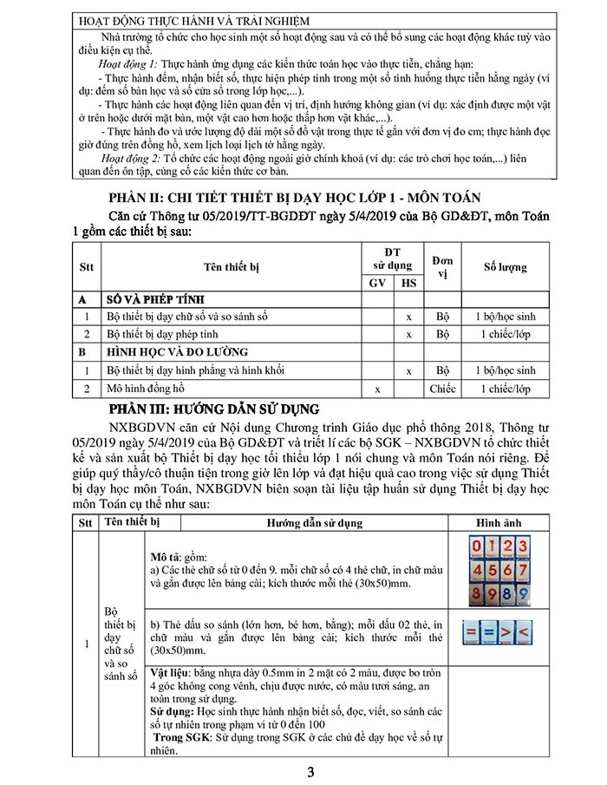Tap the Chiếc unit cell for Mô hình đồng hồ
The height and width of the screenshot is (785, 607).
[442, 389]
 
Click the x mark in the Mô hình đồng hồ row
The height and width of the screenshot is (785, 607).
[377, 389]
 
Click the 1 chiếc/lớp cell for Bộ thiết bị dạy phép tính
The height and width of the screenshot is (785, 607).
[505, 334]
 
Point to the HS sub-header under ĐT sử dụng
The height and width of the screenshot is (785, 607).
[408, 283]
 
